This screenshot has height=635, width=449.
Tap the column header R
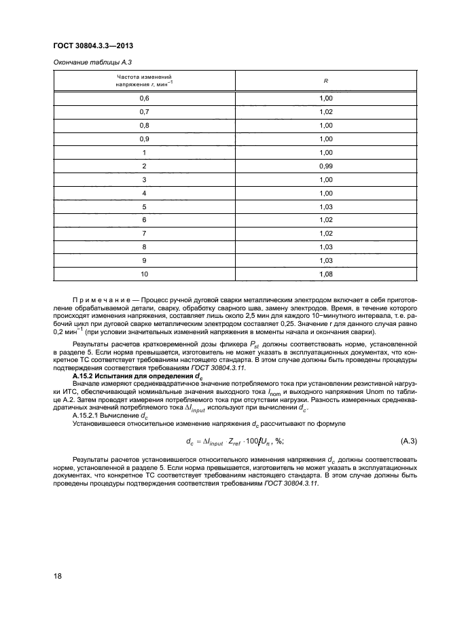tap(326, 81)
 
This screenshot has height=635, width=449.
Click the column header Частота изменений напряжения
tap(143, 81)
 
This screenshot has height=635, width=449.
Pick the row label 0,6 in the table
tap(143, 98)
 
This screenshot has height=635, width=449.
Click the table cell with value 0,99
tap(326, 166)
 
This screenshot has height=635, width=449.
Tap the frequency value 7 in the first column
tap(143, 233)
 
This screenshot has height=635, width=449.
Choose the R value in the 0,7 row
tap(326, 112)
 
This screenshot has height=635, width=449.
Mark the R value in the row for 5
tap(326, 206)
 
